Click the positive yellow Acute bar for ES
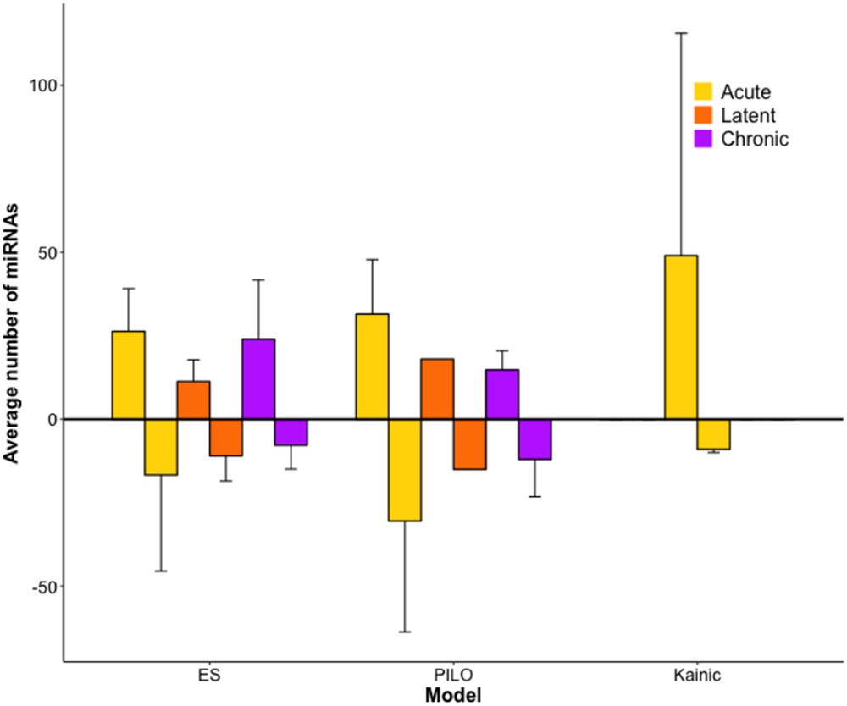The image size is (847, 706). tap(129, 375)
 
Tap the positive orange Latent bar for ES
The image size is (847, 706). tap(194, 400)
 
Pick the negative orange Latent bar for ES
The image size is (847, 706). tap(226, 438)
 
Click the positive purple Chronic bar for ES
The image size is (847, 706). tap(258, 379)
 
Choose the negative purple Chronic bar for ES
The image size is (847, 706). tap(291, 433)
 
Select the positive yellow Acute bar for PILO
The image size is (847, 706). tap(372, 367)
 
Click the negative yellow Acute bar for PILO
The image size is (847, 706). tap(405, 470)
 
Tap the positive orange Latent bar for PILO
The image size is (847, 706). tap(438, 389)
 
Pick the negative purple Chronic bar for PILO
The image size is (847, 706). tap(534, 439)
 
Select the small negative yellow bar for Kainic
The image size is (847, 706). tap(713, 434)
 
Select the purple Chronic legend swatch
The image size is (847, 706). tap(704, 140)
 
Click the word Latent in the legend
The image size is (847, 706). tap(748, 116)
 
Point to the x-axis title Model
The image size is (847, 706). tap(453, 694)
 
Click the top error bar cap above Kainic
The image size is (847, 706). tap(681, 33)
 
